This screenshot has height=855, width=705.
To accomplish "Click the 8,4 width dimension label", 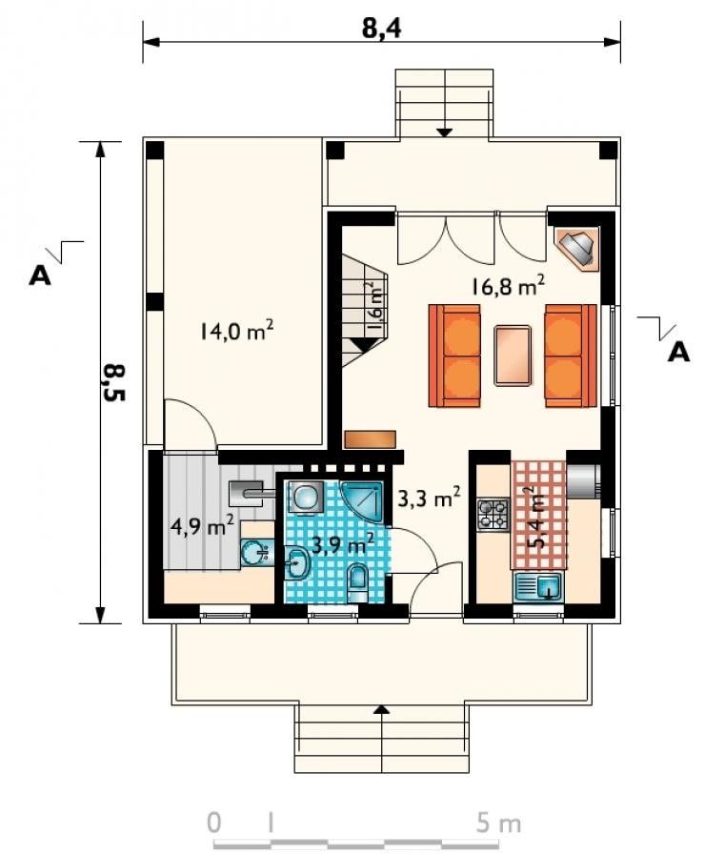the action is [x=381, y=28].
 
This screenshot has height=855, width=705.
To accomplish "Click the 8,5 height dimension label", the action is [x=113, y=382].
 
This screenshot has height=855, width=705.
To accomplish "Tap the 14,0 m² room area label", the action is [x=236, y=331].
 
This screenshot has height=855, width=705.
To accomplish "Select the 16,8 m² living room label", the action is [x=508, y=285].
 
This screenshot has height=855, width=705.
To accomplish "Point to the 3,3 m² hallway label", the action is [x=430, y=497].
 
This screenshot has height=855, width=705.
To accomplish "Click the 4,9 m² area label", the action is [x=203, y=526].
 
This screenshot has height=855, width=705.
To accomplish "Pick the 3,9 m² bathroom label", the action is [x=342, y=543].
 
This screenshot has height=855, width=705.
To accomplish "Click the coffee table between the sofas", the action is [x=513, y=356].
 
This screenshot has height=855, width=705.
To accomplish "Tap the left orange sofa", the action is [x=454, y=356].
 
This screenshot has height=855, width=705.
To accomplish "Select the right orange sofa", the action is [x=571, y=356].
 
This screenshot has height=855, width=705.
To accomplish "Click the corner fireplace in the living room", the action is [x=577, y=248].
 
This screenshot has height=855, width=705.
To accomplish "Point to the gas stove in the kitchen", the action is [x=493, y=515].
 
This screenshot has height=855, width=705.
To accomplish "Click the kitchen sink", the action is [x=537, y=587].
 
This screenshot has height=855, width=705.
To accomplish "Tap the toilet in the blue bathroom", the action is [x=358, y=583].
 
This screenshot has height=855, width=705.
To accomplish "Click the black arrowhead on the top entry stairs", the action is [x=445, y=132].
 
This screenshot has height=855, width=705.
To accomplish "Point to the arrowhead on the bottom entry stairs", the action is [x=382, y=709].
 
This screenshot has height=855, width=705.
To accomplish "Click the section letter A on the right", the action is [x=678, y=353].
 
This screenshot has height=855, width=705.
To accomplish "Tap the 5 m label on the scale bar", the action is [x=498, y=823].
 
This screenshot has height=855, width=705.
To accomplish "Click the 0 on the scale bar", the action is [x=214, y=823].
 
